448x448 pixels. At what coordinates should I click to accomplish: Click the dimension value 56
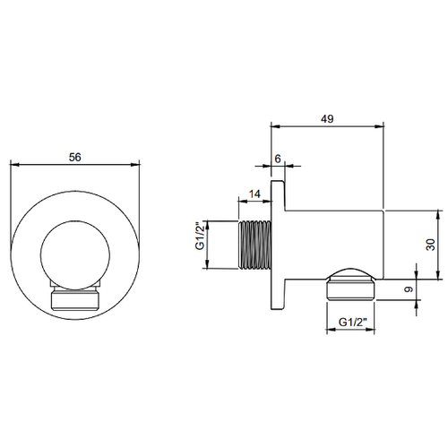(74, 157)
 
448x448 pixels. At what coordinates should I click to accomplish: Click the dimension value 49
(327, 119)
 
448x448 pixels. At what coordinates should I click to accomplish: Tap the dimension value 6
(278, 159)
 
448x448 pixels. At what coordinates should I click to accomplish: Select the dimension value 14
(254, 194)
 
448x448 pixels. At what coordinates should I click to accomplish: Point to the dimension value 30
(430, 245)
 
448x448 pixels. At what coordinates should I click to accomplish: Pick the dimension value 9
(409, 289)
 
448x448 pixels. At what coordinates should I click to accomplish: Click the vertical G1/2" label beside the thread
(200, 236)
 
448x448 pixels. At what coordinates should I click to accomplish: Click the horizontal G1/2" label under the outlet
(352, 323)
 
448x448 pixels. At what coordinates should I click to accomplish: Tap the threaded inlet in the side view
(254, 245)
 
